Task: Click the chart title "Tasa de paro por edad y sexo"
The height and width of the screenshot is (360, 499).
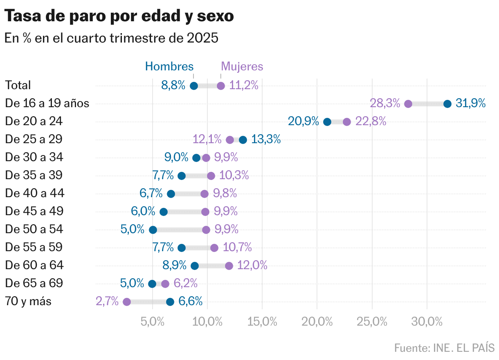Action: point(119,16)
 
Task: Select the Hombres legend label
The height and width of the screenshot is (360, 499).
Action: point(169,66)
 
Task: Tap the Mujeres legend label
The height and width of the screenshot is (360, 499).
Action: point(242,66)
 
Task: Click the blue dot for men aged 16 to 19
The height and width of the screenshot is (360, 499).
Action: point(447,104)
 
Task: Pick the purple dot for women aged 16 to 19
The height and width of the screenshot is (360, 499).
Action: point(408,104)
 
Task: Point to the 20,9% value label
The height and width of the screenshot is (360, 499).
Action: point(303,122)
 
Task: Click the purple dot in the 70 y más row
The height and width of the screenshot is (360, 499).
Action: point(127,302)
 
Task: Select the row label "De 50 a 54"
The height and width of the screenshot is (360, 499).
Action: point(34,229)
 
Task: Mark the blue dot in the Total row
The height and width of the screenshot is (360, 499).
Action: point(194,86)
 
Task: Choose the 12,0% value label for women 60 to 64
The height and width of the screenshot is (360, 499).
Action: point(252,265)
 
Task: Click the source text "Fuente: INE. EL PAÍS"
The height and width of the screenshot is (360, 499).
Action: point(444,348)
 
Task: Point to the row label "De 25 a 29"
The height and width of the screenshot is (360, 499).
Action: point(34,139)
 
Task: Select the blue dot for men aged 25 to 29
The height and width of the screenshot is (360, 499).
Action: point(243,140)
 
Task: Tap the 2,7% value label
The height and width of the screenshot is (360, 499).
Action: point(107,302)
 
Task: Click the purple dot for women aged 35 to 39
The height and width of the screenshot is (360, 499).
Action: point(211,176)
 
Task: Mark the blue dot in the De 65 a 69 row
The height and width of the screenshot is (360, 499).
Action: point(152,284)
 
